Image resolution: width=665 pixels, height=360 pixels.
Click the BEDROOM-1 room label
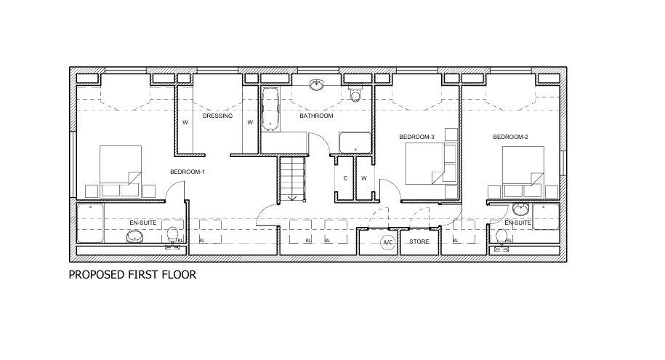(188, 172)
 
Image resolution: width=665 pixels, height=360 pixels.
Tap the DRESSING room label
(217, 116)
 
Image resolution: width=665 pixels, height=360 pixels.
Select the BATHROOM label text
(316, 116)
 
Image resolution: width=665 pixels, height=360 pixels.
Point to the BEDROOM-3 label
(416, 137)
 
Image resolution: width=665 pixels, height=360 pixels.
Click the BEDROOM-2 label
(510, 137)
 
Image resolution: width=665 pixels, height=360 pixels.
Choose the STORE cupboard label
(419, 241)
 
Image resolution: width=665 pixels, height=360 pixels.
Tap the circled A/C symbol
(388, 242)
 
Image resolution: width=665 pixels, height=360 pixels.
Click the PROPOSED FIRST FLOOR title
(132, 275)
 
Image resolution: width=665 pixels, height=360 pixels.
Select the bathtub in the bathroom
(270, 109)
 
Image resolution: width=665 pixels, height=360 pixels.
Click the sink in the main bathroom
(316, 85)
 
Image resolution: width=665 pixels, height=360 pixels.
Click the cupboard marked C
(344, 178)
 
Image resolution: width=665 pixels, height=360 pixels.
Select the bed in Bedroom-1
(121, 172)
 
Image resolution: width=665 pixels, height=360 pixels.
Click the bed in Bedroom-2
(523, 172)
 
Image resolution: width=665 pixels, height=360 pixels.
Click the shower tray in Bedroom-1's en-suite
(90, 223)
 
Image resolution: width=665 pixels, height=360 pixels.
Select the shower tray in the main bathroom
(355, 143)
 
